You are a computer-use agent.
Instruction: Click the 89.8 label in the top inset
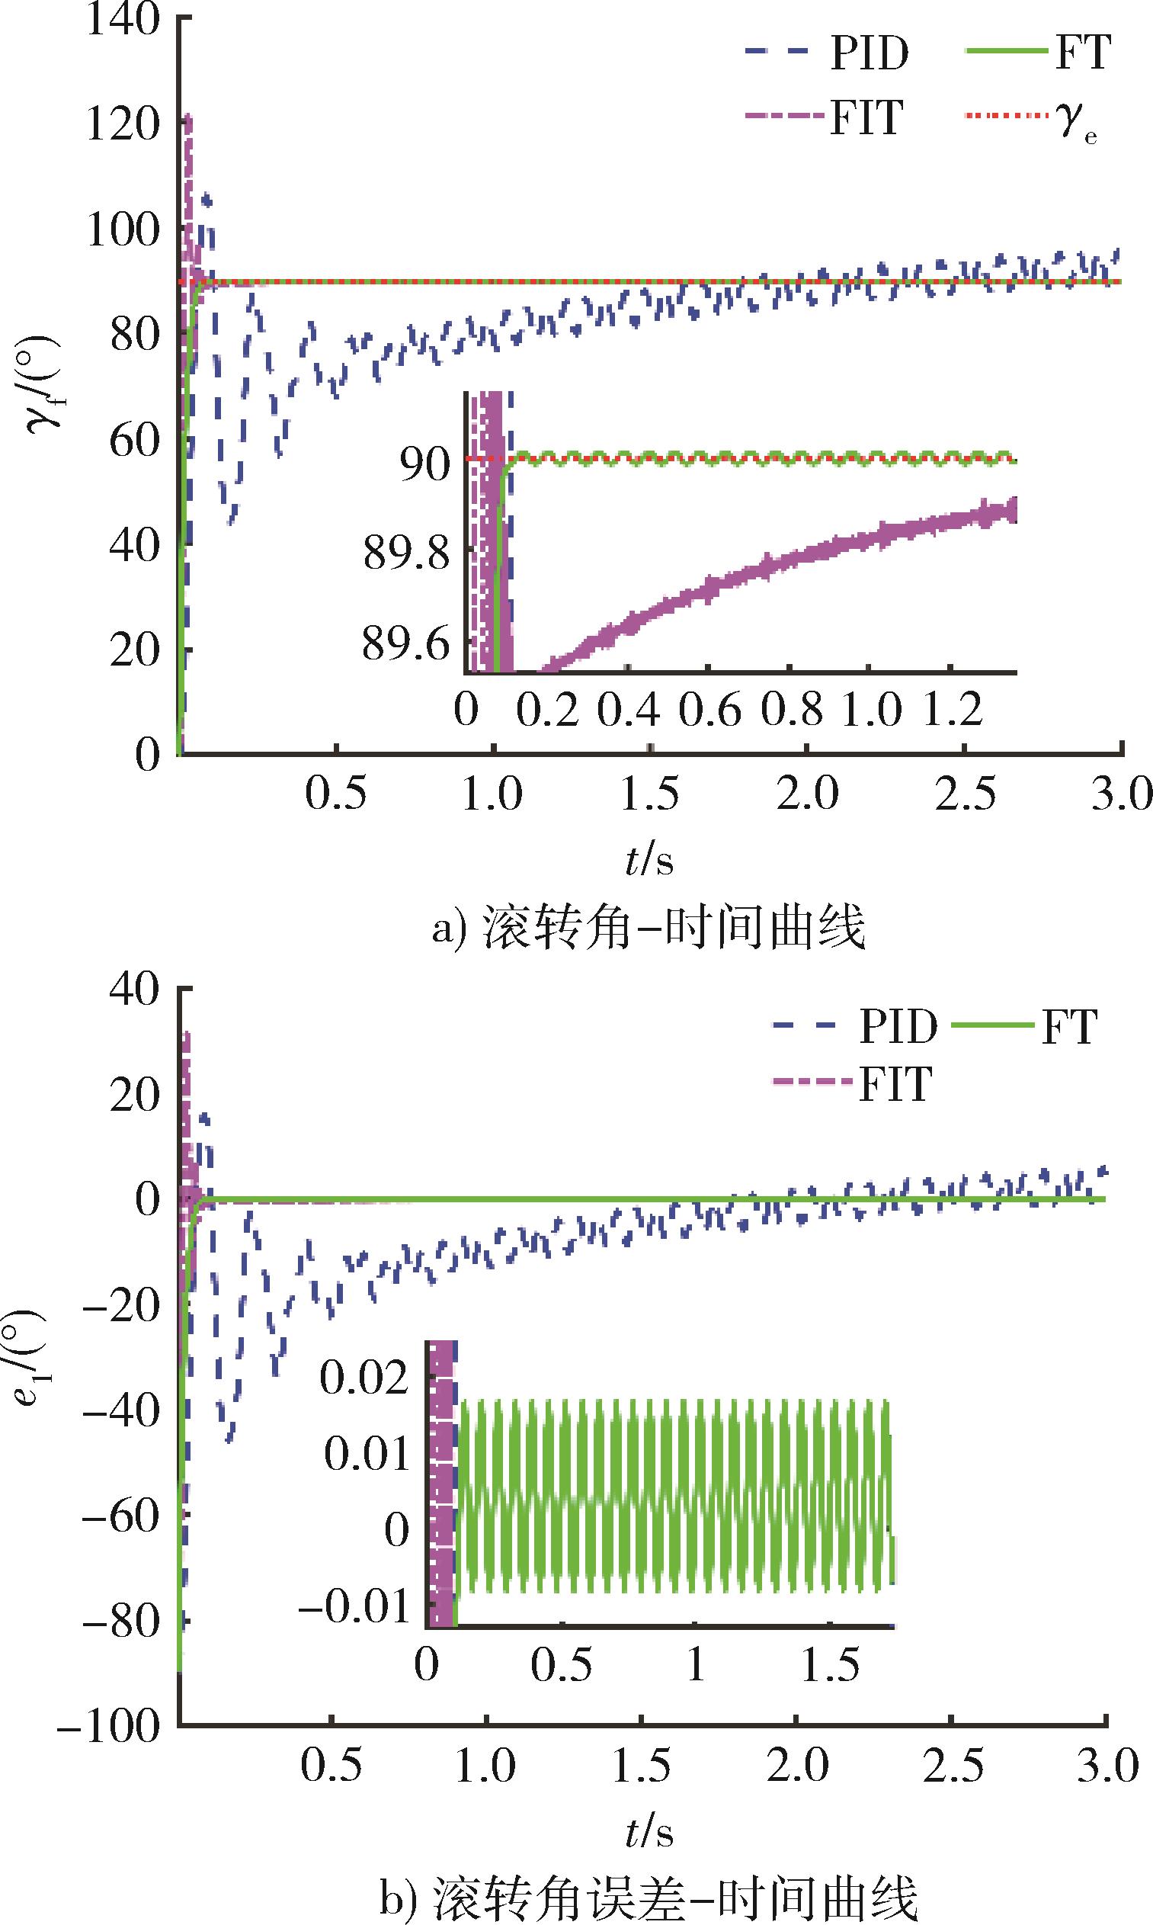[x=406, y=554]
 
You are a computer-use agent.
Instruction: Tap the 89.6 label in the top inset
[x=406, y=644]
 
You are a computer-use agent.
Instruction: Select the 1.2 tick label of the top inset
[x=953, y=710]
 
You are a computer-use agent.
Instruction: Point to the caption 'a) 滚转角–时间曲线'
[x=648, y=928]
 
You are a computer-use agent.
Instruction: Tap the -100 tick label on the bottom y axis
[x=109, y=1726]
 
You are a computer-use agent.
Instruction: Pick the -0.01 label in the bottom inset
[x=354, y=1606]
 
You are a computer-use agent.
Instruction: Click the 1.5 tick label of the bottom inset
[x=830, y=1665]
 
